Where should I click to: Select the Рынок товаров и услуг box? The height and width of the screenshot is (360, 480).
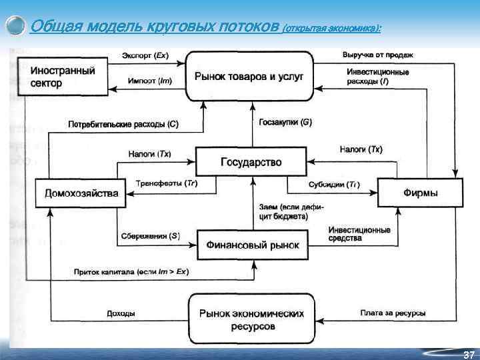pyautogui.click(x=249, y=77)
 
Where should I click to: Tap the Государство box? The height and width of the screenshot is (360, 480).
pyautogui.click(x=251, y=162)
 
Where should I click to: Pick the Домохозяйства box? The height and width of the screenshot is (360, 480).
pyautogui.click(x=81, y=193)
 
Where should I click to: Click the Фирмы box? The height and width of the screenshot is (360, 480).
pyautogui.click(x=420, y=193)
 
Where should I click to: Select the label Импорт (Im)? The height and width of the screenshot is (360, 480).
pyautogui.click(x=149, y=81)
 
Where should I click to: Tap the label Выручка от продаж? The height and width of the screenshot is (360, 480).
pyautogui.click(x=378, y=55)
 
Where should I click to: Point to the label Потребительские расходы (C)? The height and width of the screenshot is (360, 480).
pyautogui.click(x=123, y=124)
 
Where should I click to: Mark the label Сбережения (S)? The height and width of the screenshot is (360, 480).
pyautogui.click(x=151, y=235)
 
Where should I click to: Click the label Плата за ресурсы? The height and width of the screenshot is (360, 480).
pyautogui.click(x=393, y=313)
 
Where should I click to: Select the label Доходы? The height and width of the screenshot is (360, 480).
pyautogui.click(x=121, y=313)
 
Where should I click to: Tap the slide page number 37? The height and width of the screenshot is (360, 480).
pyautogui.click(x=468, y=353)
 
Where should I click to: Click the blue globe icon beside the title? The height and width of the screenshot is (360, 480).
pyautogui.click(x=16, y=26)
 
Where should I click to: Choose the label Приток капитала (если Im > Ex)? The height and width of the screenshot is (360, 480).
pyautogui.click(x=131, y=272)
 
